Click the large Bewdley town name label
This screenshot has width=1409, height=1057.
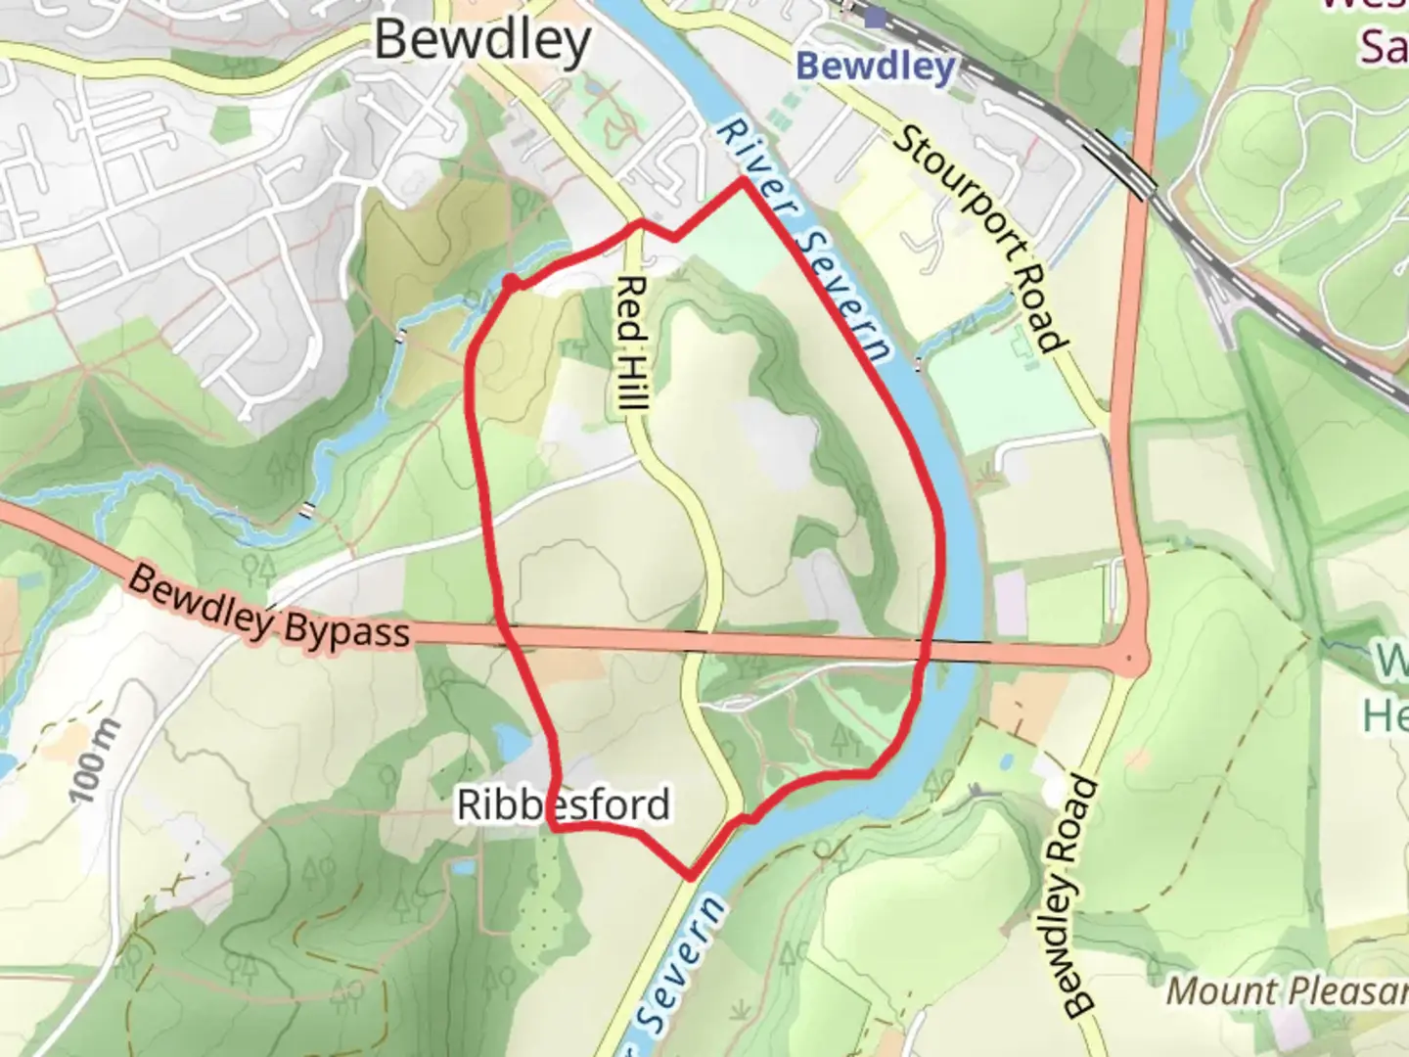click(482, 41)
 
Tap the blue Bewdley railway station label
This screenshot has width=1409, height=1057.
click(875, 67)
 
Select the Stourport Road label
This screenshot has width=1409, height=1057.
click(977, 239)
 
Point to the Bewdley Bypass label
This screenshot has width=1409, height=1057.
click(268, 608)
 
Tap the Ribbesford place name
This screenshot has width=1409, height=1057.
click(564, 805)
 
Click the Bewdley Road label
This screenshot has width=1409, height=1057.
click(1070, 896)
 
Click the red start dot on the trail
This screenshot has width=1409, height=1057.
click(511, 283)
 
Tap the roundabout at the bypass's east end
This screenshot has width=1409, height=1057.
click(1131, 661)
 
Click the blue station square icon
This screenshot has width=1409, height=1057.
click(874, 18)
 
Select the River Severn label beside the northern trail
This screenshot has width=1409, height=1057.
click(804, 240)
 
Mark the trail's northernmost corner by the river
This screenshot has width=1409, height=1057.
click(744, 180)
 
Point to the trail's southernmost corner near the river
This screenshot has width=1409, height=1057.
click(691, 877)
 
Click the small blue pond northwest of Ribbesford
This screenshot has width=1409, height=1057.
click(509, 742)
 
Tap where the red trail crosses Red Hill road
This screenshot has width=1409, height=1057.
click(640, 224)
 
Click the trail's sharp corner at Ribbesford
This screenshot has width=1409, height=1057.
click(554, 828)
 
